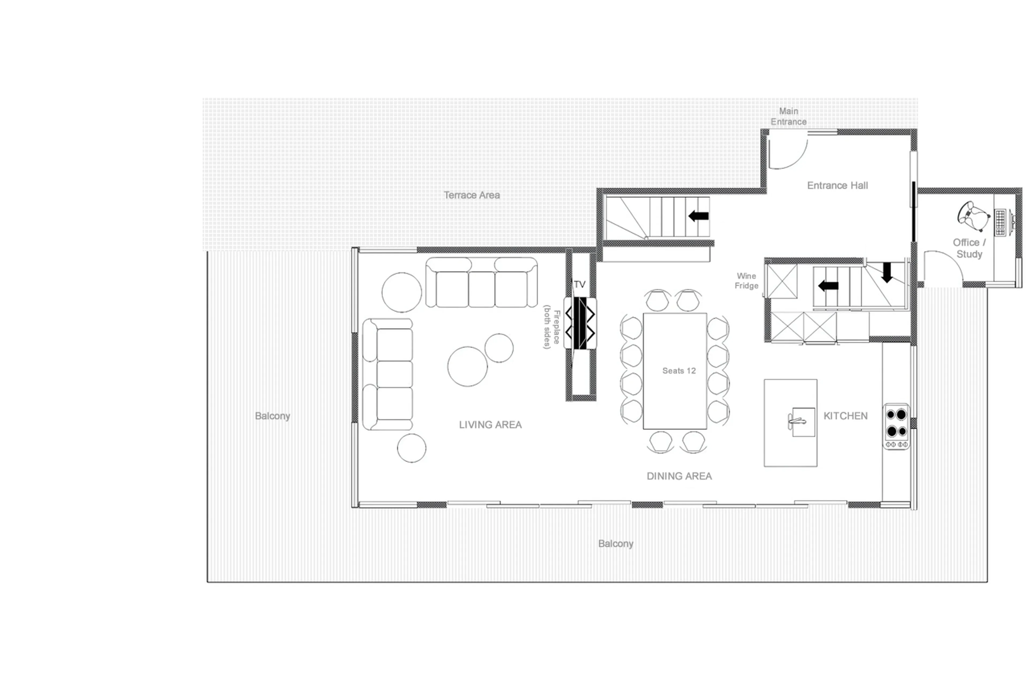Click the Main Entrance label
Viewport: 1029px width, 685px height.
[788, 116]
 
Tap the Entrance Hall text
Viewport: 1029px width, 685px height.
[837, 185]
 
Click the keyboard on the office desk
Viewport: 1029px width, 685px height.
[1000, 222]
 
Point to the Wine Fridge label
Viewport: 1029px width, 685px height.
[746, 281]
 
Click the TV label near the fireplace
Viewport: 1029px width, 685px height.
[579, 284]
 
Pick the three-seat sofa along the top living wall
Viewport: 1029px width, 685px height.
[481, 283]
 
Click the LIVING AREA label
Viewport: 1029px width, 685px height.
[490, 424]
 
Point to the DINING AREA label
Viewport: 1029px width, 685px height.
[679, 476]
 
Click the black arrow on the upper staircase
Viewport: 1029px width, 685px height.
[698, 215]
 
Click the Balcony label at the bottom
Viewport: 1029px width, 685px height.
[615, 543]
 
